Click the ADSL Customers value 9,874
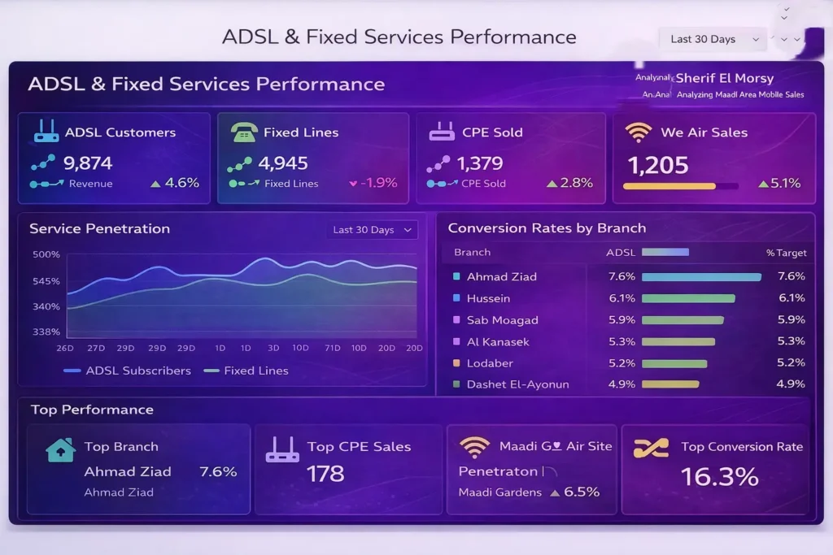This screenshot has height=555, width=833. [88, 163]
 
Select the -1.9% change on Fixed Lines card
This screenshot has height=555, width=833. [373, 183]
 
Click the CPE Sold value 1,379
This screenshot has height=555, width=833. [480, 163]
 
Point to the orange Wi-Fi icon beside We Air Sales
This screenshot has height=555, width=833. [638, 132]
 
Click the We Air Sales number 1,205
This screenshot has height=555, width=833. [658, 165]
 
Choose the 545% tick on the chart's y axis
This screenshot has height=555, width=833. [46, 281]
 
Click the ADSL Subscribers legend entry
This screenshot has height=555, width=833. [128, 371]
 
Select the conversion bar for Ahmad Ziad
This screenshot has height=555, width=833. [701, 277]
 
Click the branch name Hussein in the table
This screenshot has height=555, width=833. [488, 298]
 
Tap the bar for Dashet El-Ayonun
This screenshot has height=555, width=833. [670, 384]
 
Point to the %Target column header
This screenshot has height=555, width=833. [785, 253]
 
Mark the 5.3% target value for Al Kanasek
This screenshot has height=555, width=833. [791, 341]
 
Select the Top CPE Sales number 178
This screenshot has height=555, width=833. [325, 474]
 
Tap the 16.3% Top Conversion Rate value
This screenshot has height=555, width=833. [719, 477]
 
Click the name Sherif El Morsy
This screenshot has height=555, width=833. [724, 79]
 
